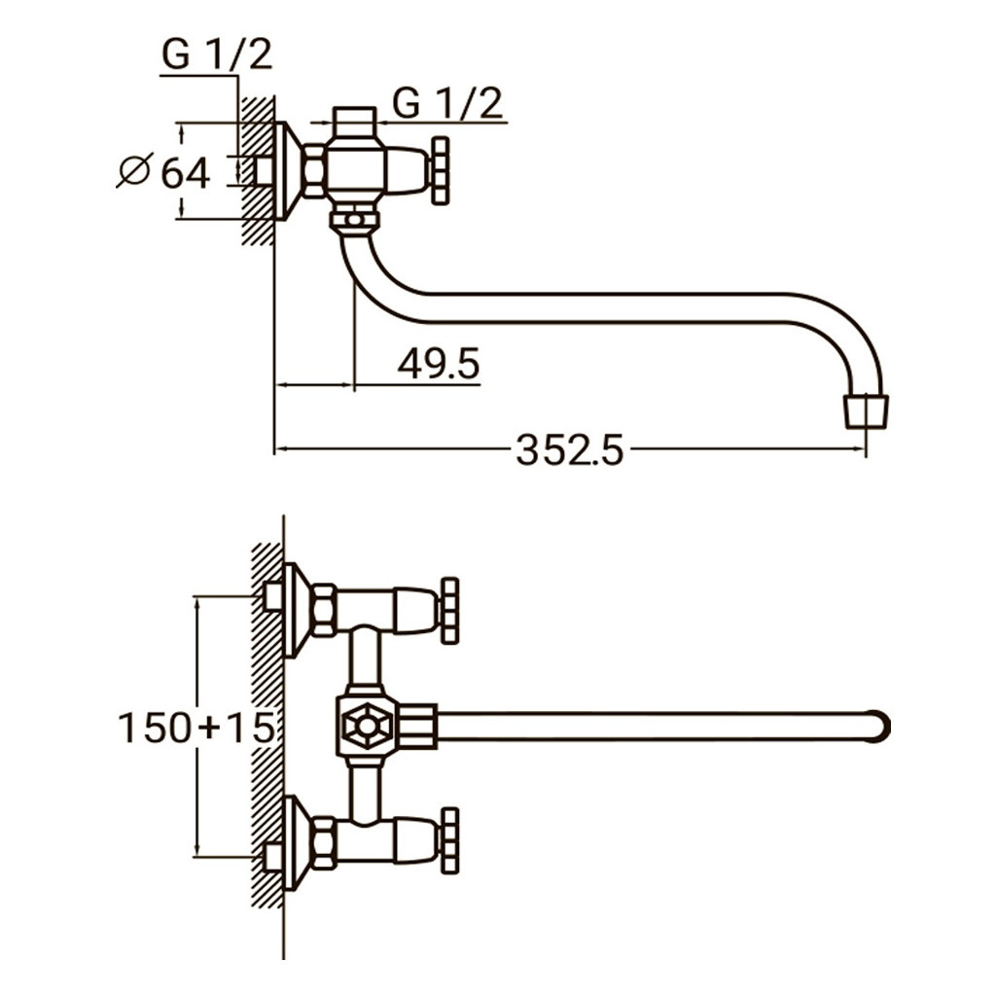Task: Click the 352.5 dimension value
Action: click(569, 450)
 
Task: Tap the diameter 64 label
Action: click(185, 173)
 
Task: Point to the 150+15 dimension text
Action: click(196, 728)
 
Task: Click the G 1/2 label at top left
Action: click(217, 55)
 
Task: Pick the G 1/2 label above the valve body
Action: click(448, 102)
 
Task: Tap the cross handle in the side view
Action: click(441, 170)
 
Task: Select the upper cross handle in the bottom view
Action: click(448, 611)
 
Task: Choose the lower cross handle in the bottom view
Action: click(448, 839)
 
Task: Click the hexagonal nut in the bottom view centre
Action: click(367, 726)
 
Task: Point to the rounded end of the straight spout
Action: click(880, 726)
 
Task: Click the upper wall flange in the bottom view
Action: click(296, 610)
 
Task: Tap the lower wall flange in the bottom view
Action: click(296, 842)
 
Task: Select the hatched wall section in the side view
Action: click(258, 170)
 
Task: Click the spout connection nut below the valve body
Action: click(354, 219)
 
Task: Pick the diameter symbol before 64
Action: click(133, 171)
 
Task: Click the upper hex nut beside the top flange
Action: click(323, 610)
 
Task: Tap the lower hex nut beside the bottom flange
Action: click(323, 842)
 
